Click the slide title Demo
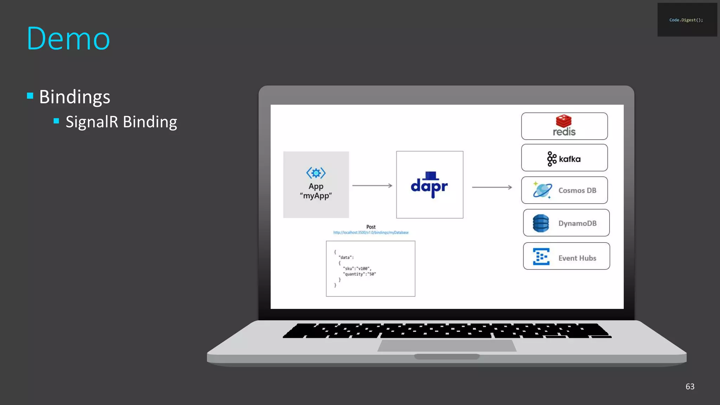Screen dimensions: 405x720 click(x=68, y=39)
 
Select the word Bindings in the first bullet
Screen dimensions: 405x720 click(x=75, y=97)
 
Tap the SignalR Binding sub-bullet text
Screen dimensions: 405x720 click(x=121, y=122)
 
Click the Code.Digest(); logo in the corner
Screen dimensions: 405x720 click(x=686, y=20)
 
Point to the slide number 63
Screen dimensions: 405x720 click(x=690, y=386)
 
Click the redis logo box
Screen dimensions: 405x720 click(x=564, y=126)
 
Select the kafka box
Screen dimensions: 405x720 click(x=564, y=158)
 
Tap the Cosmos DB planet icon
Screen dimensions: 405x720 click(x=542, y=190)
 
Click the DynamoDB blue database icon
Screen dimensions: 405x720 click(x=541, y=223)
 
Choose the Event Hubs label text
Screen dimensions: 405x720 click(x=577, y=258)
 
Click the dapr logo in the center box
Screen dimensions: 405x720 click(x=429, y=185)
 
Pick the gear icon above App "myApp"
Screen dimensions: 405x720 click(x=316, y=173)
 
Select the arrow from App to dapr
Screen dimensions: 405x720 click(x=372, y=186)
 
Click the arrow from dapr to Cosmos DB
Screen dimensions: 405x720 click(x=491, y=187)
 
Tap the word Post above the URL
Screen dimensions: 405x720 click(x=371, y=227)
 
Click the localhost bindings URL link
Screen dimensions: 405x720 click(x=371, y=233)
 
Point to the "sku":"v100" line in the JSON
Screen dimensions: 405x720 click(x=357, y=269)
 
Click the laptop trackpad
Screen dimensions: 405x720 click(x=447, y=345)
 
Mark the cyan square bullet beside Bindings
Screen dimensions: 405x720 click(x=30, y=96)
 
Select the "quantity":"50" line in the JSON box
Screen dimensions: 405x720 click(x=359, y=274)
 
